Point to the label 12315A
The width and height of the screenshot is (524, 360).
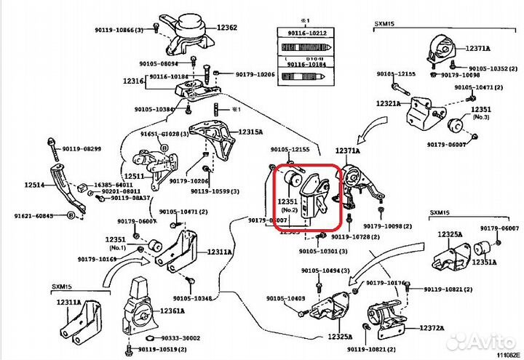tap(251, 132)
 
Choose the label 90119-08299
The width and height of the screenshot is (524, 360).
tap(82, 149)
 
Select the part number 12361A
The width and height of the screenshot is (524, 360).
tap(172, 311)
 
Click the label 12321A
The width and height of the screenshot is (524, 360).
tap(388, 103)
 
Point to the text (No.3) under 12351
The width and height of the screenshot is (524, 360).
tap(460, 116)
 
